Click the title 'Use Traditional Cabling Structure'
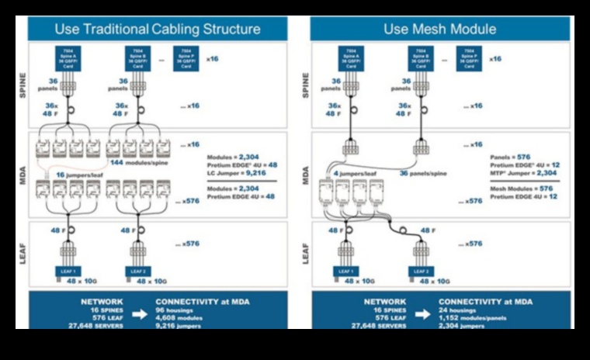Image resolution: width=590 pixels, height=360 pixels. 158,29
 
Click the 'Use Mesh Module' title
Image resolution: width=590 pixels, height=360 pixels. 439,29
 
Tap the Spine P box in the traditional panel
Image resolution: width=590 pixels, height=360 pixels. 186,59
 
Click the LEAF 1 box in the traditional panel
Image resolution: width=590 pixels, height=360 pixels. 69,271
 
